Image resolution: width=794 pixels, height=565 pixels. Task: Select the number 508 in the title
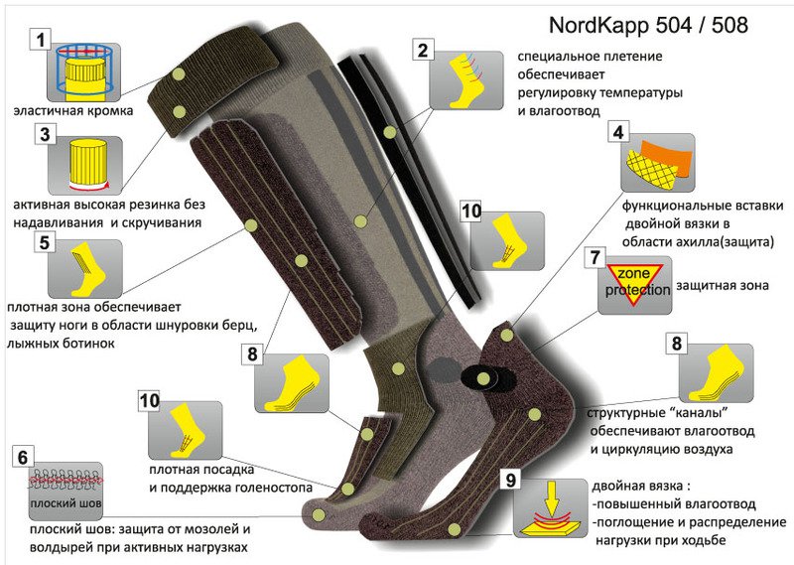tap(729, 25)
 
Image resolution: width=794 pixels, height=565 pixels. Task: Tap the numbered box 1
tap(41, 39)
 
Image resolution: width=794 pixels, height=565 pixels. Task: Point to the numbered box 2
tap(423, 51)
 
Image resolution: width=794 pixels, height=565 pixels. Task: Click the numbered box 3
tap(45, 134)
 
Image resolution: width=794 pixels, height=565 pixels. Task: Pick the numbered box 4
tap(618, 132)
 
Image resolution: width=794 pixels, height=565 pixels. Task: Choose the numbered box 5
tap(45, 242)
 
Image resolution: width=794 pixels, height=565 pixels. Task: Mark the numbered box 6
tap(23, 457)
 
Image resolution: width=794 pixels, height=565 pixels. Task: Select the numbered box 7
tap(595, 257)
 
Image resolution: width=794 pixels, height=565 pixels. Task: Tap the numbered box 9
tap(511, 480)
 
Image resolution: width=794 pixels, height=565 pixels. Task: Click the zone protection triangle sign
tap(635, 284)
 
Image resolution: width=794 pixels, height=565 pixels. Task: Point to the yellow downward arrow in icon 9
tap(552, 497)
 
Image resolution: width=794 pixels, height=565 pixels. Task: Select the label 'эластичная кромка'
tap(72, 111)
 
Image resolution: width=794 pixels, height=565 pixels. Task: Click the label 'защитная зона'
tap(723, 285)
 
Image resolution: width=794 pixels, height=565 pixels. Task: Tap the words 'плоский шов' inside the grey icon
tap(66, 503)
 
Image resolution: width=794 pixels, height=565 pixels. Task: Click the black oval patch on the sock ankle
tap(480, 378)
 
